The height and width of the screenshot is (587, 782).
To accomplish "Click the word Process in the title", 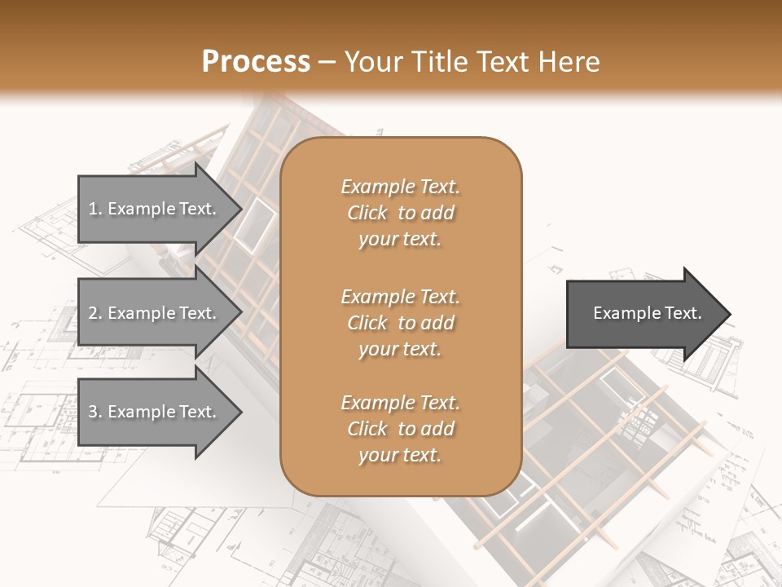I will coord(256,62).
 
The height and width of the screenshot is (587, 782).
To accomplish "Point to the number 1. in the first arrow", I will coord(95,209).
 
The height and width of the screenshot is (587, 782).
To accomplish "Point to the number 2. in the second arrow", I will coord(95,313).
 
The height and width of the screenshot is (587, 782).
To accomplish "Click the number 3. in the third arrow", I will coord(95,412).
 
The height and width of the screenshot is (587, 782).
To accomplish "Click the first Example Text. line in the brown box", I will coord(400,187).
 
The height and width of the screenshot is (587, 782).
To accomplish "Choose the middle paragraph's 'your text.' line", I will coord(399,349).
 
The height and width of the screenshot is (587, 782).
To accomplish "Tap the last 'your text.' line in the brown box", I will coord(399,455).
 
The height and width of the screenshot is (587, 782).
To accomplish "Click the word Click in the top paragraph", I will coord(367,213).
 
